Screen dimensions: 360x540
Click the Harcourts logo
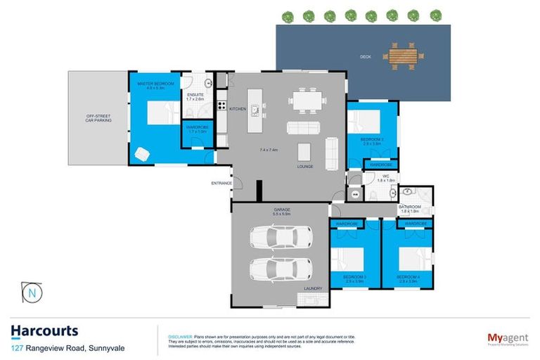click(x=44, y=330)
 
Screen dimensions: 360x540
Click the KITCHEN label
click(x=237, y=109)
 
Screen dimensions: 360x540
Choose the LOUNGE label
click(x=304, y=167)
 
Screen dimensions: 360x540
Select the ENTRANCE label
click(x=221, y=184)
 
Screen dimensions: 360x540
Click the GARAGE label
click(x=282, y=210)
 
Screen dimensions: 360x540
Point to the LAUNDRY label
click(x=312, y=288)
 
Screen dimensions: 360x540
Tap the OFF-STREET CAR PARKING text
click(x=98, y=117)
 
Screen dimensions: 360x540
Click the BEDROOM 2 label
click(x=371, y=140)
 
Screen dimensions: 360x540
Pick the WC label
click(x=386, y=176)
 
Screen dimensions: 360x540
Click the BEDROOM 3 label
click(x=354, y=277)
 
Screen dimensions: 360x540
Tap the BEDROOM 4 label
click(x=407, y=277)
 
